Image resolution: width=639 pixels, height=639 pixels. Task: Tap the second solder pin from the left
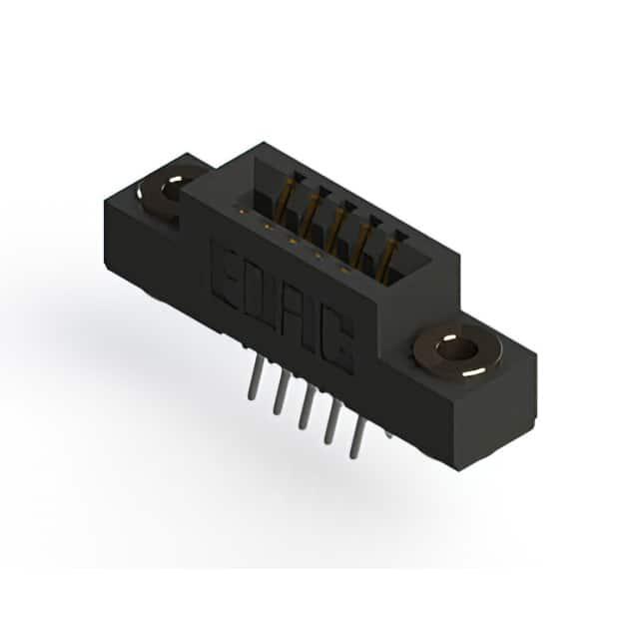[x=281, y=392]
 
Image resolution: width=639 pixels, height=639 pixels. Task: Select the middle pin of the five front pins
[x=306, y=407]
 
